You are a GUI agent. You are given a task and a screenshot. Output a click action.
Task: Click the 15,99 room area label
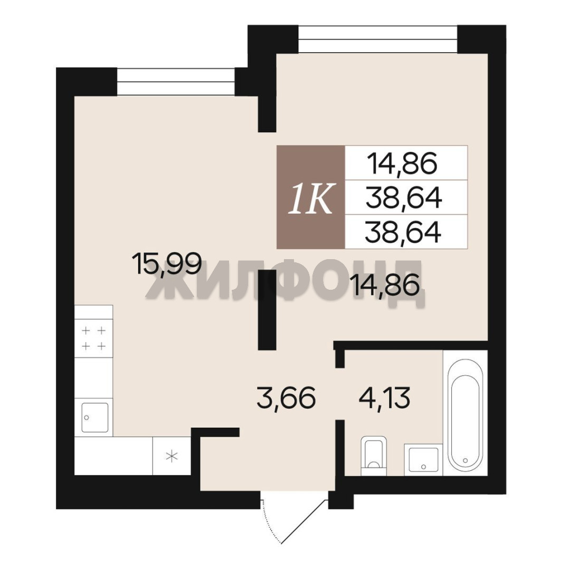pyautogui.click(x=167, y=263)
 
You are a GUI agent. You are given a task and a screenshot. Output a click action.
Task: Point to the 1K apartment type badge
pyautogui.click(x=311, y=197)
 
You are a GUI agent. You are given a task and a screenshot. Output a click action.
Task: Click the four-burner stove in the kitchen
pyautogui.click(x=94, y=338)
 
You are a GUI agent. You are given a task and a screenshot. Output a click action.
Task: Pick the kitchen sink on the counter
pyautogui.click(x=94, y=417)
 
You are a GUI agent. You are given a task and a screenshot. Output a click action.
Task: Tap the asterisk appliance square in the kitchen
pyautogui.click(x=172, y=456)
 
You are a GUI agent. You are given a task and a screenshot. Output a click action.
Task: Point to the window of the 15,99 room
pyautogui.click(x=176, y=82)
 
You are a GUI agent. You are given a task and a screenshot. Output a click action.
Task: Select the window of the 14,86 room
pyautogui.click(x=378, y=39)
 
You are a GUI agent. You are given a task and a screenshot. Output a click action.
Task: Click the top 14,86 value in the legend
pyautogui.click(x=402, y=163)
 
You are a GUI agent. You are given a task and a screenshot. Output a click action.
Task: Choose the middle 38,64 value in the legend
pyautogui.click(x=404, y=198)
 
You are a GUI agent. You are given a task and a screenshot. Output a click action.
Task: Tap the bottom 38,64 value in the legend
pyautogui.click(x=403, y=232)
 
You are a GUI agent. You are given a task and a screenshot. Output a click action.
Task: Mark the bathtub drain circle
pyautogui.click(x=465, y=460)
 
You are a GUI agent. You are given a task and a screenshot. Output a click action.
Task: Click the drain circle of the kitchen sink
pyautogui.click(x=87, y=417)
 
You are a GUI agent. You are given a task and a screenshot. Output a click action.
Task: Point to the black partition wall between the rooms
pyautogui.click(x=267, y=310)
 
